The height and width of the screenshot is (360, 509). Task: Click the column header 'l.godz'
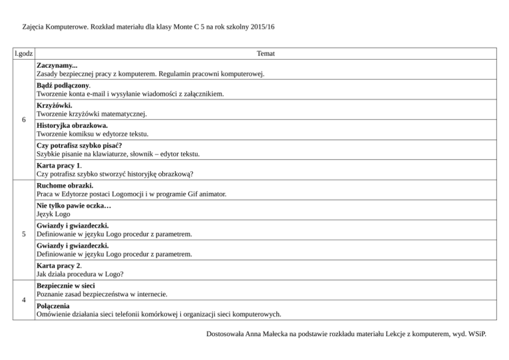click(24, 53)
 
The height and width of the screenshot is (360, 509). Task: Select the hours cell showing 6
click(24, 121)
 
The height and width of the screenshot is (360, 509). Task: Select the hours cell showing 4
click(24, 300)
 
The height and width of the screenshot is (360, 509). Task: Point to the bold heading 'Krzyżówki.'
click(55, 105)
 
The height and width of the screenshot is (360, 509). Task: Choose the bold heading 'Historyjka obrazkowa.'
click(72, 125)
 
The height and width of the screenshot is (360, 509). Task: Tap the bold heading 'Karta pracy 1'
click(59, 164)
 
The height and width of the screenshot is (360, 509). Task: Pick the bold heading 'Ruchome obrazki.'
click(65, 185)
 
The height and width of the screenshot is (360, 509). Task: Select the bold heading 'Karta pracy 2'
click(59, 264)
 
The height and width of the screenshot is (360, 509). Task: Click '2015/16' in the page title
click(260, 27)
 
